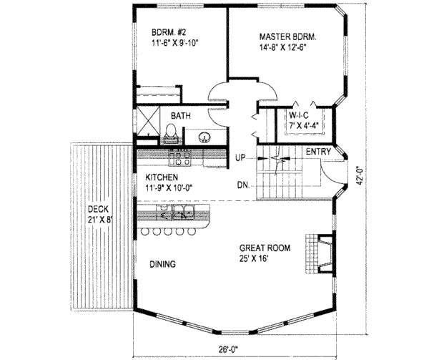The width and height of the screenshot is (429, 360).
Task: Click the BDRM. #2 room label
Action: (169, 32)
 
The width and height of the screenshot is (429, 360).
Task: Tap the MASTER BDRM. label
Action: (288, 37)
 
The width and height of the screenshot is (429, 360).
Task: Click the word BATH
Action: (181, 116)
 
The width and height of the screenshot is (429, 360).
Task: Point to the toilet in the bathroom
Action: (172, 133)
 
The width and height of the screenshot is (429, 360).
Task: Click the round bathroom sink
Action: (204, 136)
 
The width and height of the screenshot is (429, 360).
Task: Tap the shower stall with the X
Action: (148, 121)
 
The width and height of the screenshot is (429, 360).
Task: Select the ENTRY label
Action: (318, 152)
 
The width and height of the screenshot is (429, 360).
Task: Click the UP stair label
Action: (240, 158)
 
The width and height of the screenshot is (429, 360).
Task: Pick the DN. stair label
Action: (243, 185)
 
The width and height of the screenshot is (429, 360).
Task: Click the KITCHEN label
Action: (162, 177)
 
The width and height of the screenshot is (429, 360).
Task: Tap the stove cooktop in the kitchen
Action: (179, 158)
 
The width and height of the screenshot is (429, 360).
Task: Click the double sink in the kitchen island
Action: (183, 213)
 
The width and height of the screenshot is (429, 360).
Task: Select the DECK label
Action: (98, 210)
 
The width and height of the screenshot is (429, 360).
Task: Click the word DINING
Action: (162, 264)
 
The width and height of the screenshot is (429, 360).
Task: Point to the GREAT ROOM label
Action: (265, 248)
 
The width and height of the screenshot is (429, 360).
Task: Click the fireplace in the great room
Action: (320, 253)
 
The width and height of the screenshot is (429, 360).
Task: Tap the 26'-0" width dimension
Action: (228, 349)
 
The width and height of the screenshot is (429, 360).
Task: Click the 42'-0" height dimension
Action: (360, 176)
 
